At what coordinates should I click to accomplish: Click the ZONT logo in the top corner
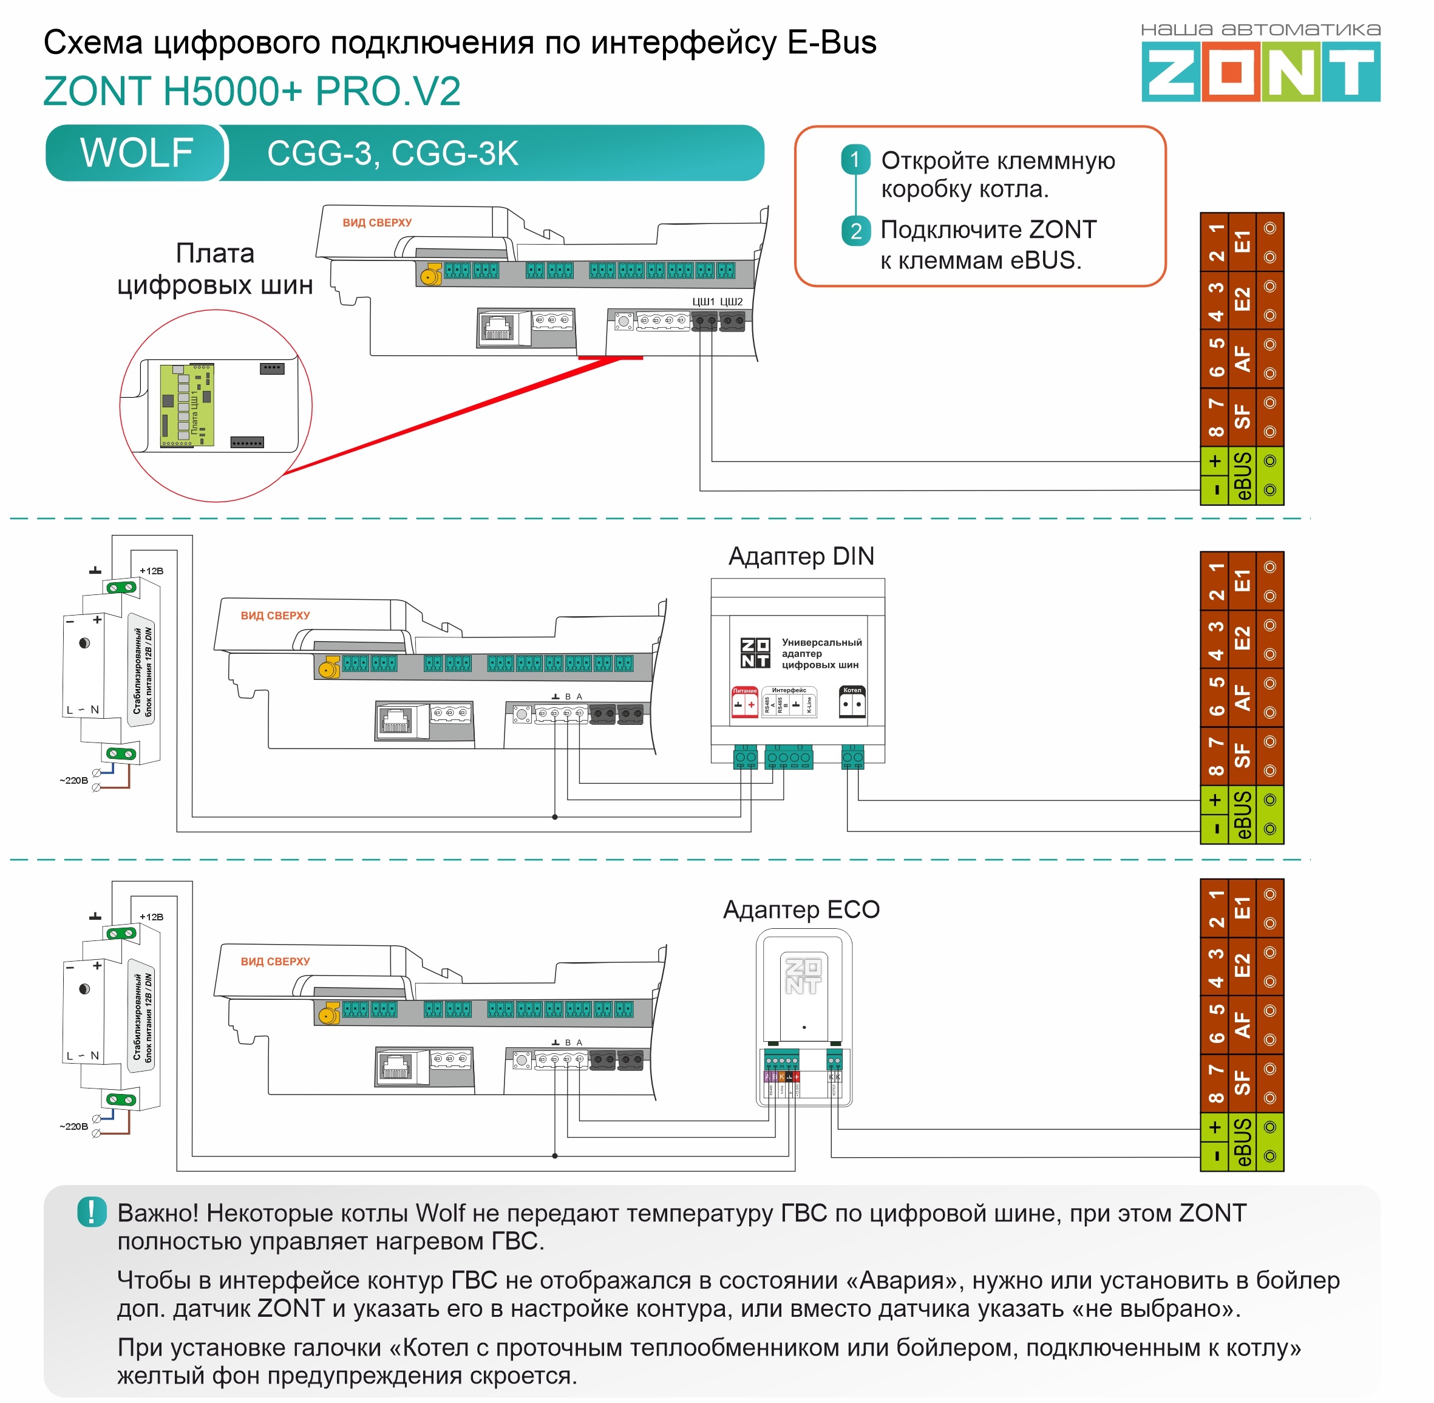[x=1260, y=72]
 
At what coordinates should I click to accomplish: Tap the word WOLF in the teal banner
[x=137, y=152]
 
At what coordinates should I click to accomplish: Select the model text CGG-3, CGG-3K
[x=392, y=153]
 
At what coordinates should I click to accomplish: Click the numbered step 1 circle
[x=855, y=160]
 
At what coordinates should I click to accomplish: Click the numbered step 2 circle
[x=855, y=231]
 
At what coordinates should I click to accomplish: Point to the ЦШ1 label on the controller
[x=703, y=301]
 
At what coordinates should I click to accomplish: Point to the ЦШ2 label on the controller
[x=731, y=301]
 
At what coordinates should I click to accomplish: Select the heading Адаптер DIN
[x=801, y=556]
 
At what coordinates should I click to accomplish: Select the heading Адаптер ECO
[x=801, y=909]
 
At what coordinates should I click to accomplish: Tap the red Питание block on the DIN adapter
[x=744, y=702]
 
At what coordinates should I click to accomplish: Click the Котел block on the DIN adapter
[x=852, y=702]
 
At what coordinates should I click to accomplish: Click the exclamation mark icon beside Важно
[x=92, y=1212]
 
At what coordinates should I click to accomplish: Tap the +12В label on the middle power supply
[x=151, y=571]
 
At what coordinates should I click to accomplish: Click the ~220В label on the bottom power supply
[x=73, y=1126]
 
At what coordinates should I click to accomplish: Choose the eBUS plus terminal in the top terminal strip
[x=1214, y=461]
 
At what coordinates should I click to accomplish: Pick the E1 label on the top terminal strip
[x=1242, y=242]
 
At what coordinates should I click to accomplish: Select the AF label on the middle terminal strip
[x=1242, y=697]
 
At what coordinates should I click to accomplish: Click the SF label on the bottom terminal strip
[x=1242, y=1082]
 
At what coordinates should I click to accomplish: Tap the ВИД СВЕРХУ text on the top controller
[x=376, y=223]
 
